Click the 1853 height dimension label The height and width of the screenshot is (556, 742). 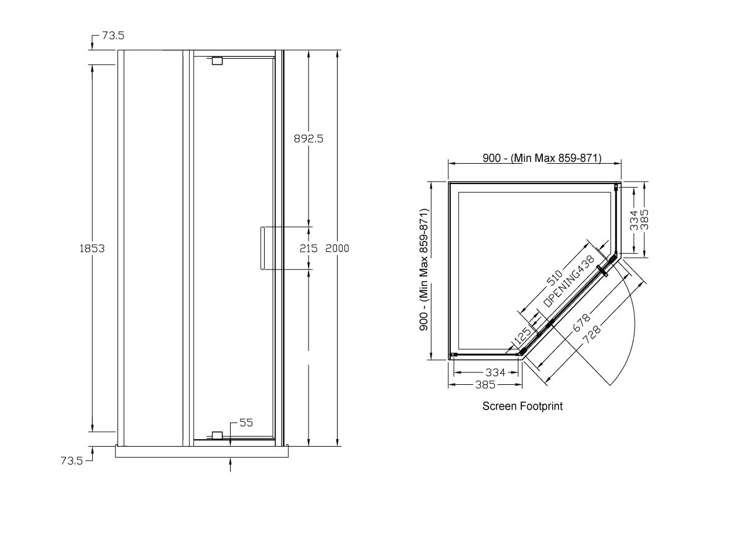(x=92, y=248)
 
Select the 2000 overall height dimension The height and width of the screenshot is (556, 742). (x=338, y=248)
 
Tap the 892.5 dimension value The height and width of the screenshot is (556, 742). (x=308, y=139)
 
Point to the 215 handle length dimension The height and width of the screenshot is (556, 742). (x=308, y=248)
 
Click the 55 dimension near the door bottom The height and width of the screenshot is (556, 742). (x=246, y=423)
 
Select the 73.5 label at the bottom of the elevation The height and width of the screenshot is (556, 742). (x=72, y=461)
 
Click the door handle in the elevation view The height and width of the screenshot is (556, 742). (x=262, y=248)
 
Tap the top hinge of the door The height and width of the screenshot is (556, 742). (x=216, y=61)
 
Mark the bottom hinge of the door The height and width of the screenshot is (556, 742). (x=216, y=436)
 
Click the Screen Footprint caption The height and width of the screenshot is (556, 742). (x=522, y=406)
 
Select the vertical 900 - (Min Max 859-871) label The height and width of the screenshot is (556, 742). (x=424, y=270)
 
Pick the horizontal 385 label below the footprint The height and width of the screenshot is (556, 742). (x=485, y=385)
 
